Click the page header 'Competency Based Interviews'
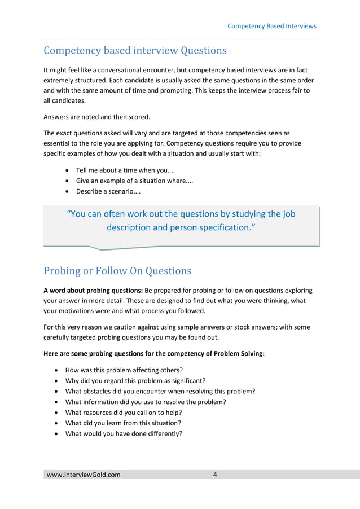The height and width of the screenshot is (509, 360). pos(271,26)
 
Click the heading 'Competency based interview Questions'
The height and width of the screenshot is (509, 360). pos(135,51)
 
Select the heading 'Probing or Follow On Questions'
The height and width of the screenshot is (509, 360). pos(117,271)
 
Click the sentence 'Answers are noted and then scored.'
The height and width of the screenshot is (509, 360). pos(97,117)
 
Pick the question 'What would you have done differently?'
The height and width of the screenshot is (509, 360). pos(124,433)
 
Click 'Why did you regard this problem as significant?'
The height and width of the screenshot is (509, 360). pos(135,380)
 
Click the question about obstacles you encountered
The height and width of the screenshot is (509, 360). pos(160,391)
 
